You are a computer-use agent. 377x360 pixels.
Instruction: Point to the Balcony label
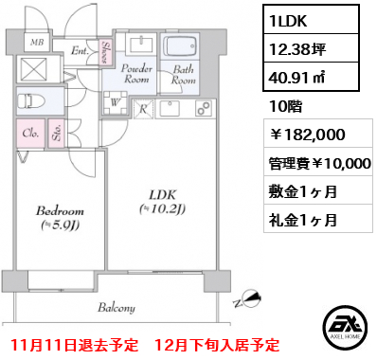pos(117,308)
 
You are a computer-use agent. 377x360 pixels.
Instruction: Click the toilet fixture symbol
pos(31,101)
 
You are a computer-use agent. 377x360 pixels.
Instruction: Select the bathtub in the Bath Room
pos(180,47)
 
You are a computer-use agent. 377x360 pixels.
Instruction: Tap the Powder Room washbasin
pos(141,44)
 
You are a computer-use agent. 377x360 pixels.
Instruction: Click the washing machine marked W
pos(115,102)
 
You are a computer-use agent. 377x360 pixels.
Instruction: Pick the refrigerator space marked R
pos(143,109)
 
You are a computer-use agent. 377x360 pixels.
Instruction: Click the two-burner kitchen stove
pos(205,109)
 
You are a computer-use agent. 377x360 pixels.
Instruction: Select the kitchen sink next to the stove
pos(170,109)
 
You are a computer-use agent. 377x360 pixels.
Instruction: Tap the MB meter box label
pos(37,43)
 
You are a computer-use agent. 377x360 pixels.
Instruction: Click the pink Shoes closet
pos(105,51)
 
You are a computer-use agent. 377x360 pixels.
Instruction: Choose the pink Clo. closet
pos(30,134)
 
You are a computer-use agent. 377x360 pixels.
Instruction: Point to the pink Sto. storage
pos(57,134)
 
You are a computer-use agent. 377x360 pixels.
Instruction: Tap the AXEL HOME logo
pos(345,325)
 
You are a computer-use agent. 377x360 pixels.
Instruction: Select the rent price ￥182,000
pos(307,135)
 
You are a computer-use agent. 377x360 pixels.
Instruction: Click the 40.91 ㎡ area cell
pos(297,77)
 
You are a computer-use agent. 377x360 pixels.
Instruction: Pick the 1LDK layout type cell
pos(287,21)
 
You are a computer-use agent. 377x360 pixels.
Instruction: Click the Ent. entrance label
pos(81,51)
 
